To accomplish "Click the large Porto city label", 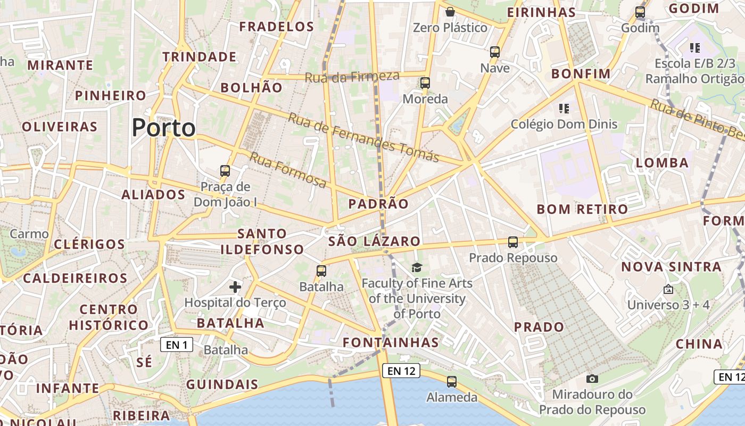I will (x=163, y=128).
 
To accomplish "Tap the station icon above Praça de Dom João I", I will (x=225, y=171).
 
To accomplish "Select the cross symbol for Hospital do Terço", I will (x=235, y=288).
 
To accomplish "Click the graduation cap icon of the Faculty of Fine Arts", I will (x=417, y=267).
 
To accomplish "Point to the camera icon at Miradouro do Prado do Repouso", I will (x=592, y=379).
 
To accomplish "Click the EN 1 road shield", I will (x=176, y=345).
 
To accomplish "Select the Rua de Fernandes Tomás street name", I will (x=364, y=137).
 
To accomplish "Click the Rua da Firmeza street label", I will (x=352, y=77).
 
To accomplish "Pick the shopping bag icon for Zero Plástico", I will (x=450, y=12).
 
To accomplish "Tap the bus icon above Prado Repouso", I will (x=513, y=242).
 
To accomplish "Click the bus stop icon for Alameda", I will (x=452, y=381).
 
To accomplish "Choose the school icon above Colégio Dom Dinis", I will (x=564, y=109).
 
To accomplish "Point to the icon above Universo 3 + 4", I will (x=668, y=289).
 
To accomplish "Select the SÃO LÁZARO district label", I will (x=374, y=241).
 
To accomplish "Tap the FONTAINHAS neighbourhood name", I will (x=391, y=342).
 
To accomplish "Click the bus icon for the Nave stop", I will (x=495, y=52).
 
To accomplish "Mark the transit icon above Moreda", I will (x=425, y=83).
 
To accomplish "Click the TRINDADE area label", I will (x=200, y=56).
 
